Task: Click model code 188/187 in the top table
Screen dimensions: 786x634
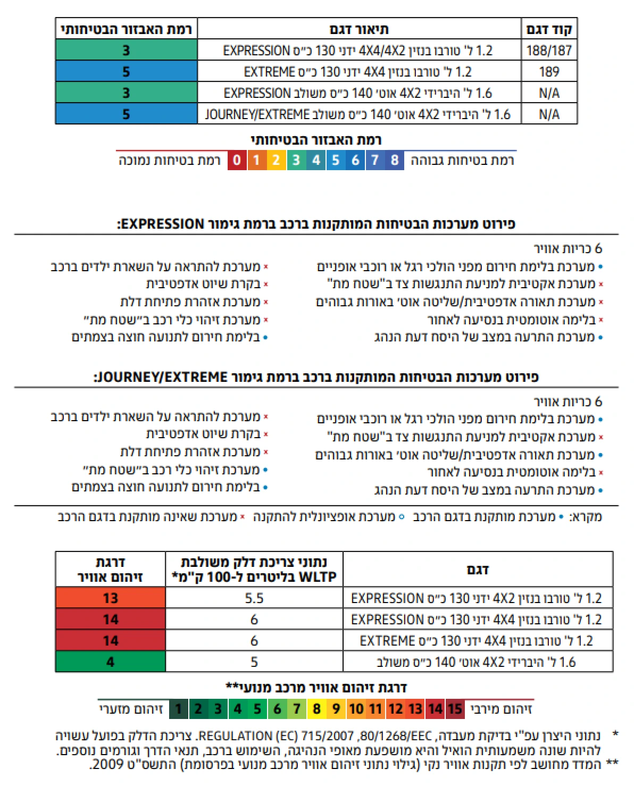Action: click(549, 51)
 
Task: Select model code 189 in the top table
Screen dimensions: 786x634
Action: click(549, 72)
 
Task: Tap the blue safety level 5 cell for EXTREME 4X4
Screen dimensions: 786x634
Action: click(126, 72)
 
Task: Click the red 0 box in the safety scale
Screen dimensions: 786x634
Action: click(237, 160)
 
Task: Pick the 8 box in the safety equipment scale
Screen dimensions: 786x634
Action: click(394, 160)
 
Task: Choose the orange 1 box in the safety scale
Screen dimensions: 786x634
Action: click(256, 160)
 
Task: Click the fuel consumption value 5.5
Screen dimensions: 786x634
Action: click(254, 598)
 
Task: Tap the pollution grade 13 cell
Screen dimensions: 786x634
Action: click(110, 598)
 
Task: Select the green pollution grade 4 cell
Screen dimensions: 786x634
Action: click(110, 662)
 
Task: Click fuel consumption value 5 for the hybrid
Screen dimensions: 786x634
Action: click(254, 662)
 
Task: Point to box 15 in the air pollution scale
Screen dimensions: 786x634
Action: click(455, 709)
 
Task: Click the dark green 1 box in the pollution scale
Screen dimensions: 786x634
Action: click(178, 709)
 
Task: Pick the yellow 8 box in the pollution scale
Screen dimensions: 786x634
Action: click(316, 709)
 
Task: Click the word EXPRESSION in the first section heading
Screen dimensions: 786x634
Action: click(163, 224)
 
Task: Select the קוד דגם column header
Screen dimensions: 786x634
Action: click(549, 29)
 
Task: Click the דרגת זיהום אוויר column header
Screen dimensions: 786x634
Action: click(110, 570)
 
